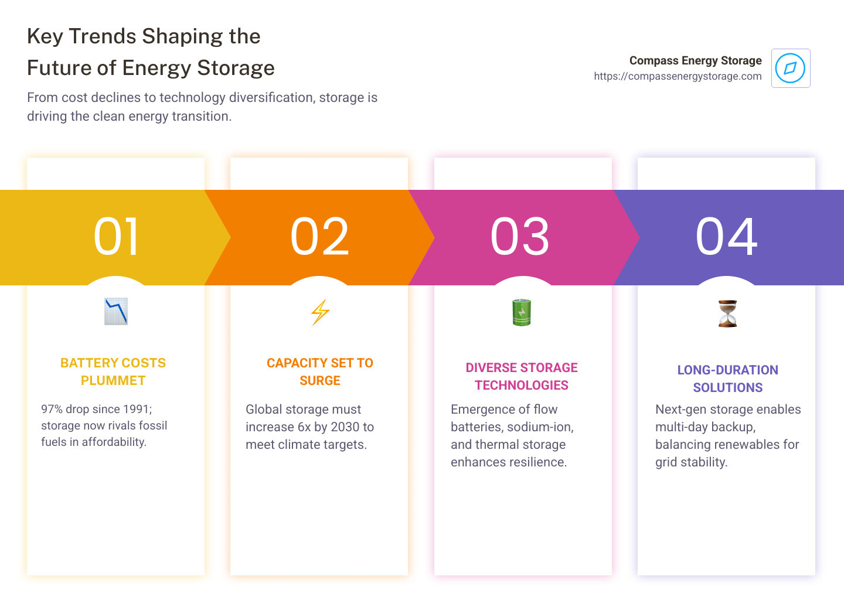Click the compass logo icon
pos(790,68)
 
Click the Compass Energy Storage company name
pos(695,60)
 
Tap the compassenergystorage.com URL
pos(678,76)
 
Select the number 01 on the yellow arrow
pos(116,237)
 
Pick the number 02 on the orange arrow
pos(319,237)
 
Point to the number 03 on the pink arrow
pos(520,237)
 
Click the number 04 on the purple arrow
pos(726,237)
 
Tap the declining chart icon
pos(116,312)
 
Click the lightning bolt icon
pos(320,312)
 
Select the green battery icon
pos(522,312)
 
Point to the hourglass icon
pos(727,313)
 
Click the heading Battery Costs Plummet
pos(113,371)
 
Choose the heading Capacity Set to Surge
pos(320,371)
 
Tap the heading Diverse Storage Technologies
pos(522,376)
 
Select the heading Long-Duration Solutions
pos(727,379)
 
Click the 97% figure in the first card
pos(52,409)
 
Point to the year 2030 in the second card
pos(345,427)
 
